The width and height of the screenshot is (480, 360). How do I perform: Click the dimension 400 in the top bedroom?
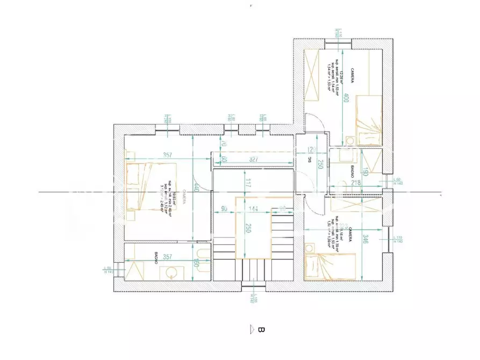coord(347,98)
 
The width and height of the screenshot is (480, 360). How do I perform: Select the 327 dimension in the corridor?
coord(256,160)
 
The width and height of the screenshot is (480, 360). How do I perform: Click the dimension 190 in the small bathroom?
coord(366,172)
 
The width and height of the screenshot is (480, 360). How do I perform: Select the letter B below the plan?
coord(262,329)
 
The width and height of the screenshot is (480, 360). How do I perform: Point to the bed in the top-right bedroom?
coord(369,120)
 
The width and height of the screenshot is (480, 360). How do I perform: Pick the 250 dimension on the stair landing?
coord(248,227)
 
